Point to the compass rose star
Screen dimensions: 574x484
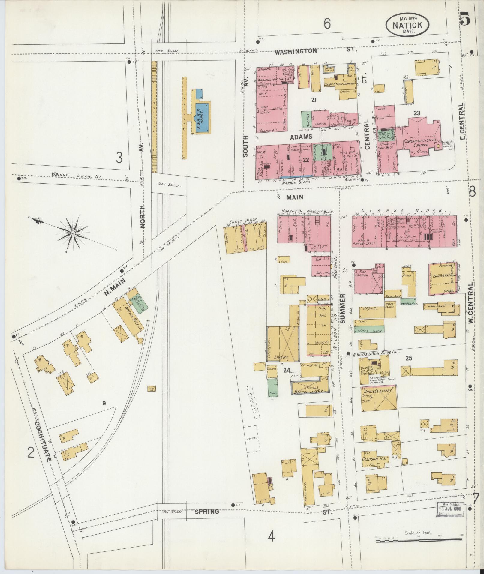pyautogui.click(x=73, y=233)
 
